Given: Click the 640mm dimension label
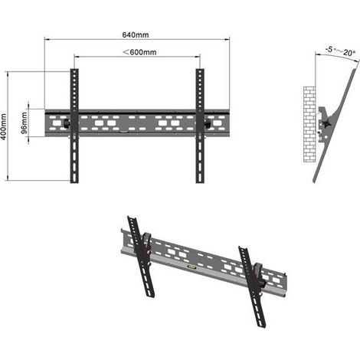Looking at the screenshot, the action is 136,34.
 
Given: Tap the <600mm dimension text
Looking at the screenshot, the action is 139,52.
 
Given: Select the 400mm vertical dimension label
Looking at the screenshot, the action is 4,126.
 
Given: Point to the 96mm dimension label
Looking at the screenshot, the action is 24,123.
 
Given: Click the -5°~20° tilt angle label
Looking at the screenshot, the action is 341,51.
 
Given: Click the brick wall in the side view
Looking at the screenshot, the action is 309,124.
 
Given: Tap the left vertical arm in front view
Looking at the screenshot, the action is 74,126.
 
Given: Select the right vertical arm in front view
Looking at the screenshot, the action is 200,126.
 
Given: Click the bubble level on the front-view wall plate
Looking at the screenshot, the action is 124,132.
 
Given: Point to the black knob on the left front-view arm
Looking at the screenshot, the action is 67,123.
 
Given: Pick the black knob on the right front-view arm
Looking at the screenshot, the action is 207,123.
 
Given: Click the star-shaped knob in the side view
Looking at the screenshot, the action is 326,124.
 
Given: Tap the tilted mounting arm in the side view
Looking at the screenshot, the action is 335,125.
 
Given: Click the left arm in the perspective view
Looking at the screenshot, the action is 141,257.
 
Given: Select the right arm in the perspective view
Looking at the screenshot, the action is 252,286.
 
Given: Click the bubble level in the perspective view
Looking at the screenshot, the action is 191,267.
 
